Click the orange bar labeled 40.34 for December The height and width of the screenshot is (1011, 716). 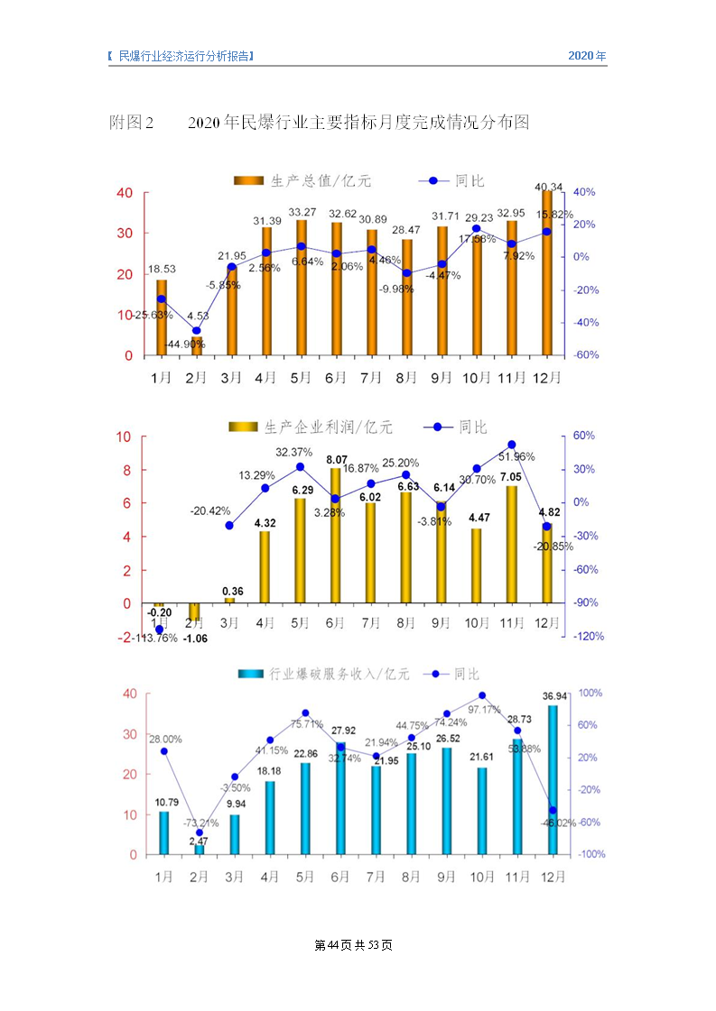coord(547,272)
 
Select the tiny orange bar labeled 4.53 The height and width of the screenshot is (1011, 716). coord(197,346)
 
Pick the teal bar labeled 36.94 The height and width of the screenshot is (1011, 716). coord(552,779)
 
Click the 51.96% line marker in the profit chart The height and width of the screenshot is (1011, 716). coord(511,445)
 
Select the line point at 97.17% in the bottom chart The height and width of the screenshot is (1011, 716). coord(482,695)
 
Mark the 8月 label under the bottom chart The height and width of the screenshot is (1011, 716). coord(411,877)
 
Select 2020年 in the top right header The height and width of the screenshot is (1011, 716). coord(587,56)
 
